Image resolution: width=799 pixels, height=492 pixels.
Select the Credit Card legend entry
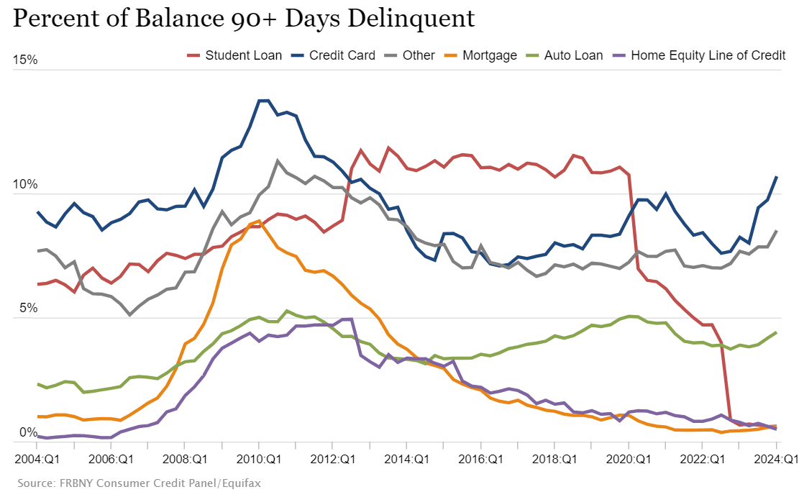click(334, 55)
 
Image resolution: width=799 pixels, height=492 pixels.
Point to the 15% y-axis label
click(25, 60)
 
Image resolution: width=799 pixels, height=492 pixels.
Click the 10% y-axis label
click(25, 184)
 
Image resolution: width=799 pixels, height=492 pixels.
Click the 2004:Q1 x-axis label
click(36, 459)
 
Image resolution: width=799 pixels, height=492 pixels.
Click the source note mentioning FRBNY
click(136, 483)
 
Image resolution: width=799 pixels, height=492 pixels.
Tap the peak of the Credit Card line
click(263, 101)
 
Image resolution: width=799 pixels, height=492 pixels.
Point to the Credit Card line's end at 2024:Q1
click(776, 177)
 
